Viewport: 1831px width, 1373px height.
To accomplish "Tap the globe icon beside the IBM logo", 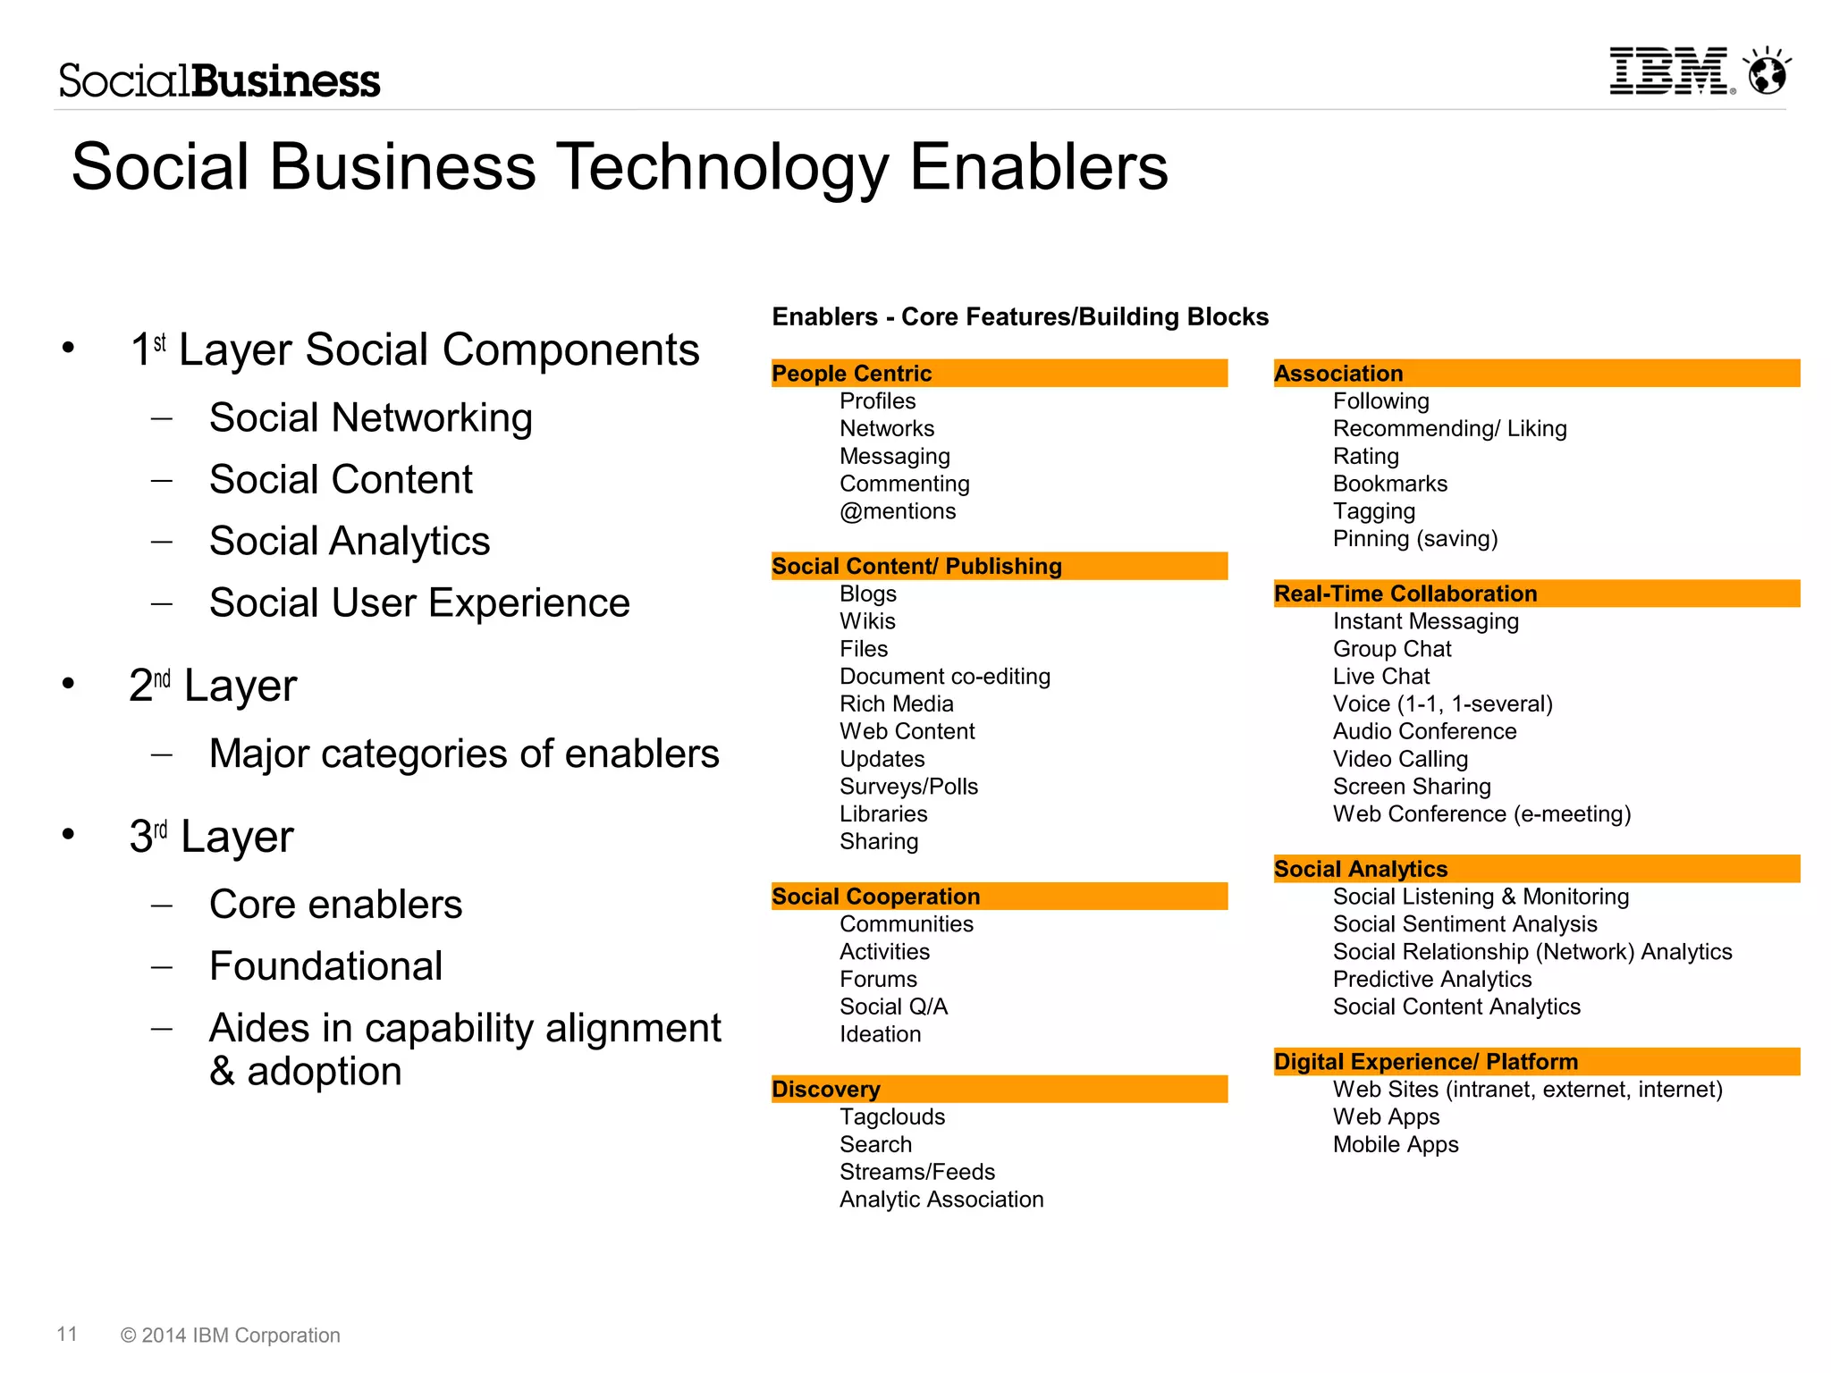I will pyautogui.click(x=1768, y=72).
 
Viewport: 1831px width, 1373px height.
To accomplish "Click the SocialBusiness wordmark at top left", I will pyautogui.click(x=220, y=80).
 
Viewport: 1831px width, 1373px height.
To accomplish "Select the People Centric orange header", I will pyautogui.click(x=999, y=374).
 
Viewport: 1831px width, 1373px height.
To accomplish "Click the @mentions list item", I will pyautogui.click(x=898, y=511).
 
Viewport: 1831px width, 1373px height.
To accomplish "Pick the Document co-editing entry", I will pyautogui.click(x=945, y=677).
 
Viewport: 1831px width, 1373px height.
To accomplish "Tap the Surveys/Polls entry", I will pyautogui.click(x=908, y=787).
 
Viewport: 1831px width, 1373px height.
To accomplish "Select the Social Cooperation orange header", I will pyautogui.click(x=999, y=897).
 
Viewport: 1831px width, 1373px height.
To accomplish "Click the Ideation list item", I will pyautogui.click(x=880, y=1034).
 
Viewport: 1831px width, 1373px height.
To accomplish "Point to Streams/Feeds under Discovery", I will pyautogui.click(x=917, y=1172).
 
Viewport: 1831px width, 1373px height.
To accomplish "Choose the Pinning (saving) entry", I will pyautogui.click(x=1414, y=539).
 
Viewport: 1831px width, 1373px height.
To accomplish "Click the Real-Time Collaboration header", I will pyautogui.click(x=1536, y=594).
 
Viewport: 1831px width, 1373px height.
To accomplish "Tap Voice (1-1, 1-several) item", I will pyautogui.click(x=1442, y=704).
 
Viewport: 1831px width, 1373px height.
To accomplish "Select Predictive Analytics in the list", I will pyautogui.click(x=1431, y=980).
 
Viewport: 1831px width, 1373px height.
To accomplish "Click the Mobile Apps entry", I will pyautogui.click(x=1395, y=1145).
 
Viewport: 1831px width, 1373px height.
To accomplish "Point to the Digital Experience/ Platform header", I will pyautogui.click(x=1536, y=1062).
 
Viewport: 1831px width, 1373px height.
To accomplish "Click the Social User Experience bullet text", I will pyautogui.click(x=419, y=603).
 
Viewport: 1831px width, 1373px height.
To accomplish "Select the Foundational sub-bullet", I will pyautogui.click(x=325, y=966).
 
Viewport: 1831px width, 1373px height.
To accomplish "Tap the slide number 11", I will pyautogui.click(x=67, y=1335).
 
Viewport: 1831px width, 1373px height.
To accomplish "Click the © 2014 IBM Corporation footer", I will pyautogui.click(x=231, y=1335).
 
